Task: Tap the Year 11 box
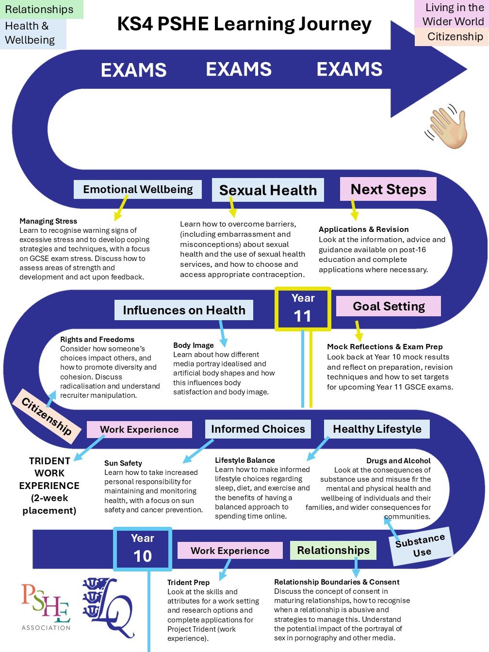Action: pos(303,309)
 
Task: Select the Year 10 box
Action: pos(143,549)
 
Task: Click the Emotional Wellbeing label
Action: pos(138,189)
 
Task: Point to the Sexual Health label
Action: pos(268,190)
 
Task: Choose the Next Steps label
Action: pos(388,189)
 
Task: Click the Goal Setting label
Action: pos(389,306)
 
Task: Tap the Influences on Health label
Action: pos(184,310)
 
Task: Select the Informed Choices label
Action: pos(258,429)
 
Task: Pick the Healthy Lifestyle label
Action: pos(377,429)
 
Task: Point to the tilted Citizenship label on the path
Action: pos(47,416)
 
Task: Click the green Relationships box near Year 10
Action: pos(333,550)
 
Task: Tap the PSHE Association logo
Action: pos(46,606)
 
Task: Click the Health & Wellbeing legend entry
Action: pos(30,33)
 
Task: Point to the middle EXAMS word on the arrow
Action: pos(239,69)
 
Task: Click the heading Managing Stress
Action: pos(48,221)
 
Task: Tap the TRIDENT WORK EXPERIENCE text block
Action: pos(49,485)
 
